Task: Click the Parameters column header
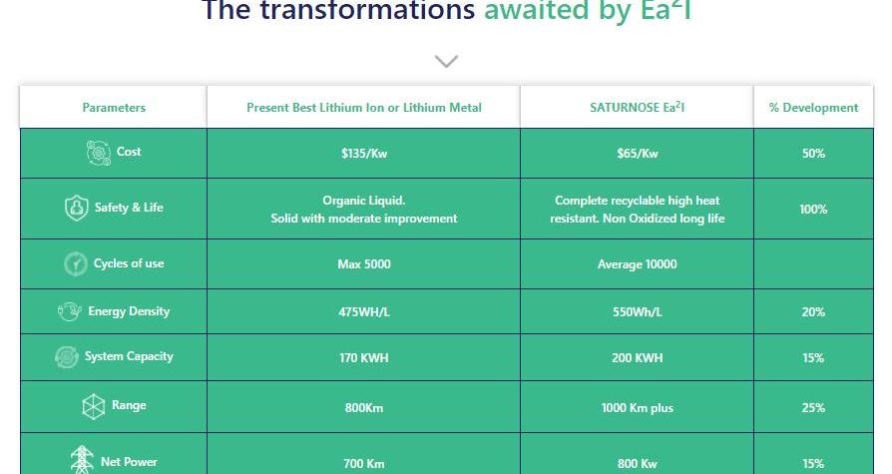point(114,108)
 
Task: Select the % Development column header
point(813,108)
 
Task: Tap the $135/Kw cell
point(364,153)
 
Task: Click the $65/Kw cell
point(638,153)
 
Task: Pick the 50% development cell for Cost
point(813,153)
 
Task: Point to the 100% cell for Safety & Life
point(813,209)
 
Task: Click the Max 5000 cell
point(364,264)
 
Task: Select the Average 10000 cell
point(638,264)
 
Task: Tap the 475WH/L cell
point(364,311)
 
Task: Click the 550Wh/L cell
point(638,311)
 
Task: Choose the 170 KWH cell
point(364,358)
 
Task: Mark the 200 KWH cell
point(638,358)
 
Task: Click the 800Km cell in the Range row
point(364,408)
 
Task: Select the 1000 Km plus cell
point(638,408)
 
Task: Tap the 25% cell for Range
point(813,408)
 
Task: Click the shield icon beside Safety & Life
point(76,208)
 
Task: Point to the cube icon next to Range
point(94,406)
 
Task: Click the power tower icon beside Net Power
point(82,460)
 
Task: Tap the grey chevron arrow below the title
point(447,61)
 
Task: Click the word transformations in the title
point(367,10)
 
